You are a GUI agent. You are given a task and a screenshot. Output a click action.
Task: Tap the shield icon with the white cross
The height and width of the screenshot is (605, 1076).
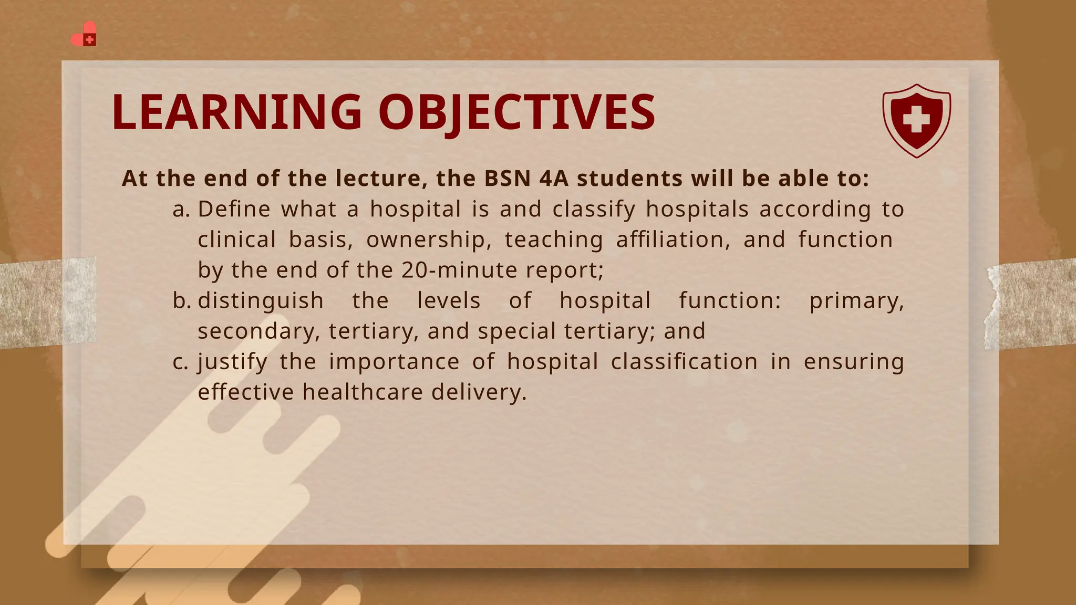point(916,121)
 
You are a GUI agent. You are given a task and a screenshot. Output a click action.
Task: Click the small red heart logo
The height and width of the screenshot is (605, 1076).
point(84,34)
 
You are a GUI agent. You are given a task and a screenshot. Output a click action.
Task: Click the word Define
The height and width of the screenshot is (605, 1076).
point(234,209)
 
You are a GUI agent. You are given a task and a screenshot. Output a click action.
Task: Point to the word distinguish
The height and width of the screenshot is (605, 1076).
point(261,301)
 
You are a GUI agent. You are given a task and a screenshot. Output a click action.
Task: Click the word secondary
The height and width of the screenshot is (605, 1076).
point(258,332)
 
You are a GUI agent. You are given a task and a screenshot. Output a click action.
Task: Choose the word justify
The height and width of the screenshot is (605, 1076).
point(232,362)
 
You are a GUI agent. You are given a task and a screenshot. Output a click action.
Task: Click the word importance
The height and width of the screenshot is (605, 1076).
point(394,362)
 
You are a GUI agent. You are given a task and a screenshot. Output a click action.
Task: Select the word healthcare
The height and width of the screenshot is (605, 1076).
point(363,392)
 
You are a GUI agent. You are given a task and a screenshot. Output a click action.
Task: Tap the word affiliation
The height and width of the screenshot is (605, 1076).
point(673,239)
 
